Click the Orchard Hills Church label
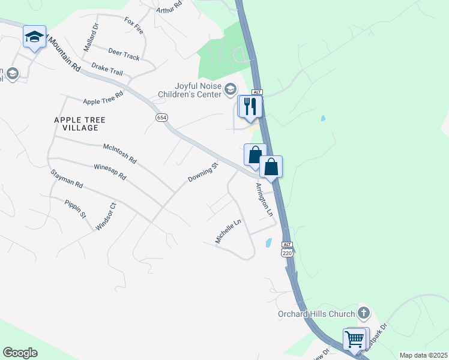tap(316, 313)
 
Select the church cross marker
tap(363, 313)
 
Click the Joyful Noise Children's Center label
tap(190, 90)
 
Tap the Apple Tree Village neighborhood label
tap(80, 124)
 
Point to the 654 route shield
tap(161, 118)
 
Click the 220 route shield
tap(287, 254)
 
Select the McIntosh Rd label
tap(120, 154)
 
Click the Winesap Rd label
tap(110, 172)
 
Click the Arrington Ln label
tap(264, 200)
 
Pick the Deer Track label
tap(124, 55)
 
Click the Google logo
tap(20, 353)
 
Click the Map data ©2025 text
tap(423, 355)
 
